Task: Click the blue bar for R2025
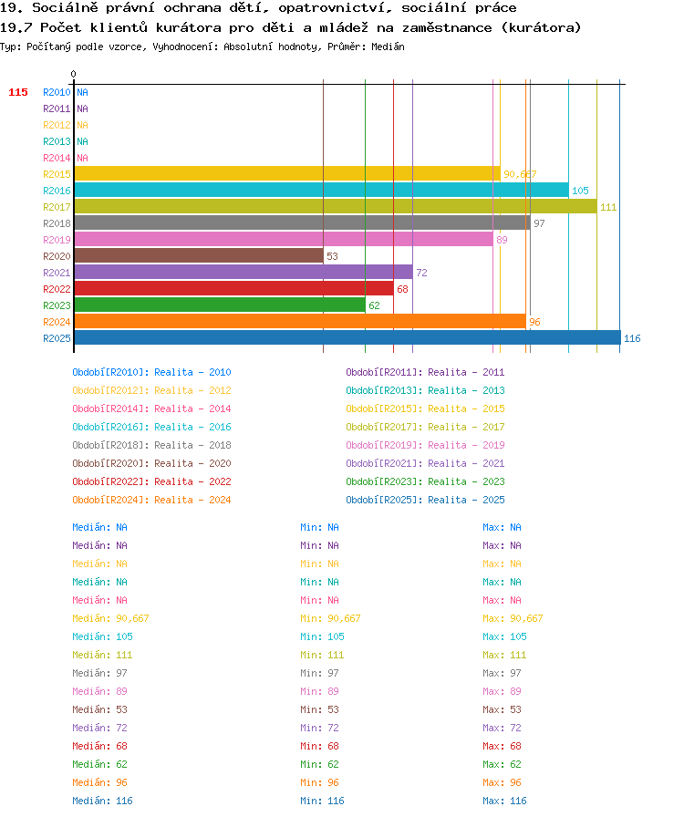tap(347, 337)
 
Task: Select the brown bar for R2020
tap(199, 256)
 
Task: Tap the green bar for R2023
tap(220, 305)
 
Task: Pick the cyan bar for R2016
tap(321, 191)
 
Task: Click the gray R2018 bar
tap(303, 223)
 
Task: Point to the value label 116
tap(632, 338)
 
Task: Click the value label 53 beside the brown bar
tap(332, 256)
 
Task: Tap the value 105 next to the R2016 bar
tap(580, 191)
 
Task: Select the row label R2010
tap(57, 92)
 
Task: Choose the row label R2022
tap(57, 289)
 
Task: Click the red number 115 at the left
tap(18, 92)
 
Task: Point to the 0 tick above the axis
tap(74, 74)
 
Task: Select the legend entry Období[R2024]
tap(110, 500)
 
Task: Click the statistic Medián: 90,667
tap(110, 618)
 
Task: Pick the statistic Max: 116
tap(504, 801)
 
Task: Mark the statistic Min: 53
tap(319, 709)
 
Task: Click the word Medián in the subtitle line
tap(388, 47)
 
